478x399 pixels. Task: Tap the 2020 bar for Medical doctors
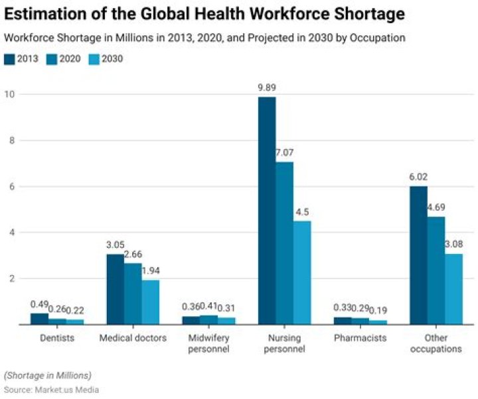coord(133,294)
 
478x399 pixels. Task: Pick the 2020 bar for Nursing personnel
coord(284,243)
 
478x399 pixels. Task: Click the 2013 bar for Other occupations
coord(418,255)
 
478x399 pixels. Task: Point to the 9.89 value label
coord(267,88)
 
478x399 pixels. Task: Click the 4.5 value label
coord(302,212)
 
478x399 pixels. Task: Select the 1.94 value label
coord(151,271)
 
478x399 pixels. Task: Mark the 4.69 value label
coord(436,207)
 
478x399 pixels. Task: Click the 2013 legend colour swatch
coord(9,59)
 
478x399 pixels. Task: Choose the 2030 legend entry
coord(104,59)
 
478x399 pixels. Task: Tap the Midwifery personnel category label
coord(208,343)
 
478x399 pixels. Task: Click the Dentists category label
coord(56,338)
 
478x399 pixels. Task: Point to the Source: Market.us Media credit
coord(51,390)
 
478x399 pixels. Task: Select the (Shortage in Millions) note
coord(48,375)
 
